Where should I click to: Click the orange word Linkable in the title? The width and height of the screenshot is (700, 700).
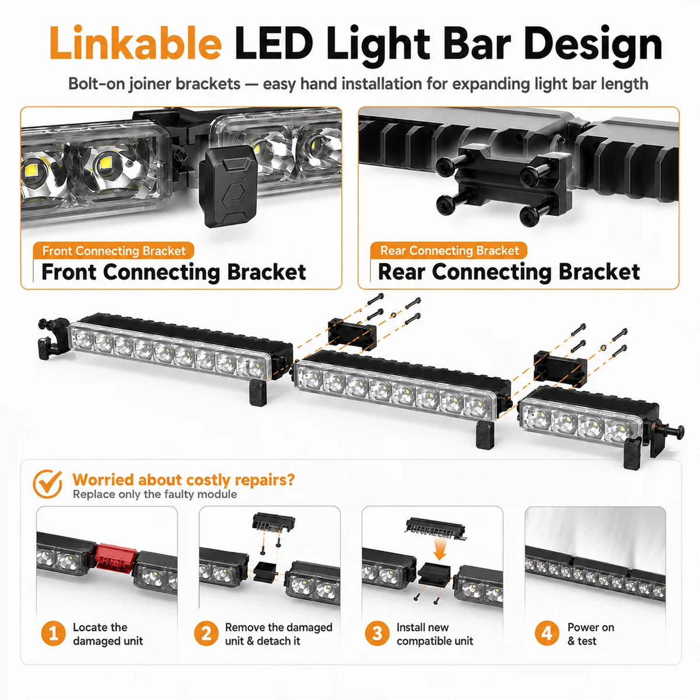[135, 43]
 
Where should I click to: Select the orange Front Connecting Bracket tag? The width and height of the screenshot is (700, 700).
[114, 251]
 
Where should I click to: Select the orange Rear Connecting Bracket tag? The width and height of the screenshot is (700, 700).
[449, 250]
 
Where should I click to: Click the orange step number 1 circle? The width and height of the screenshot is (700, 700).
[54, 634]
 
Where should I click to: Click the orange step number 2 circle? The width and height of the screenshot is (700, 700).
[206, 634]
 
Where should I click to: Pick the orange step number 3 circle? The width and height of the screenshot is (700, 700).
[377, 634]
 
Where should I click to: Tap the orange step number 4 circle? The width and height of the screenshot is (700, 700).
[547, 634]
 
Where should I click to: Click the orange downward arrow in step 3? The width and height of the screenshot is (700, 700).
[440, 549]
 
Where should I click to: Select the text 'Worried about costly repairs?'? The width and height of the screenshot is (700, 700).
[183, 480]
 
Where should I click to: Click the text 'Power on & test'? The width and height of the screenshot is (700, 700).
[591, 634]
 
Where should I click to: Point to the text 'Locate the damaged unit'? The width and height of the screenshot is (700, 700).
[108, 634]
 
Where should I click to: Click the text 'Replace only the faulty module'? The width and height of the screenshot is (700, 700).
[155, 495]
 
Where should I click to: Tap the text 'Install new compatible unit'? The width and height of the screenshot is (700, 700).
[435, 634]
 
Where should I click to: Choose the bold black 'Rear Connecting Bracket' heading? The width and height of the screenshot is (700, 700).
[509, 272]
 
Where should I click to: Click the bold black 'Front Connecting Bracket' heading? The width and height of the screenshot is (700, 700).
[174, 272]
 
